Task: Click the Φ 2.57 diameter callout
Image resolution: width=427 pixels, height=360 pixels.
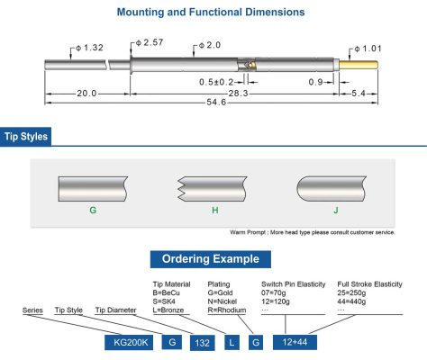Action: pyautogui.click(x=150, y=42)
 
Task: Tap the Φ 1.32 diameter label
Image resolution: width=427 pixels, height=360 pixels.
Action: pyautogui.click(x=89, y=48)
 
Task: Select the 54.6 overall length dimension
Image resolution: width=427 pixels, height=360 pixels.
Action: pyautogui.click(x=216, y=103)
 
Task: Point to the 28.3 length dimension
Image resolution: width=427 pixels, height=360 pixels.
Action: pyautogui.click(x=239, y=94)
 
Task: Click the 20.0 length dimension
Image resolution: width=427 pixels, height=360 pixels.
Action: pyautogui.click(x=86, y=94)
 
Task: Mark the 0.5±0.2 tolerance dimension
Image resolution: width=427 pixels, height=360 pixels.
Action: pyautogui.click(x=216, y=82)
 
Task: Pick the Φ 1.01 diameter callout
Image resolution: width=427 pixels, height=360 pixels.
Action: pyautogui.click(x=368, y=49)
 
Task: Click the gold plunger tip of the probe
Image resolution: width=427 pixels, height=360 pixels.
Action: pyautogui.click(x=359, y=65)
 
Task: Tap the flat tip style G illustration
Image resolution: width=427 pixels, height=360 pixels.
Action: pyautogui.click(x=93, y=189)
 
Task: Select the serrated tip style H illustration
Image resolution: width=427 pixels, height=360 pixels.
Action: pyautogui.click(x=213, y=189)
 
